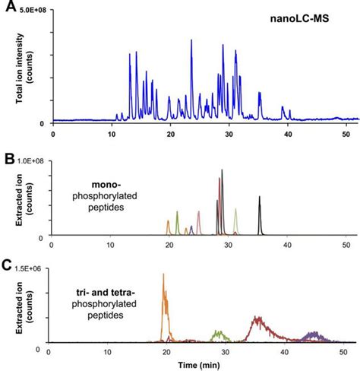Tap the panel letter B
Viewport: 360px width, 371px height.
(x=8, y=161)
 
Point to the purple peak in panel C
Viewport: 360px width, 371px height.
(x=311, y=334)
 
